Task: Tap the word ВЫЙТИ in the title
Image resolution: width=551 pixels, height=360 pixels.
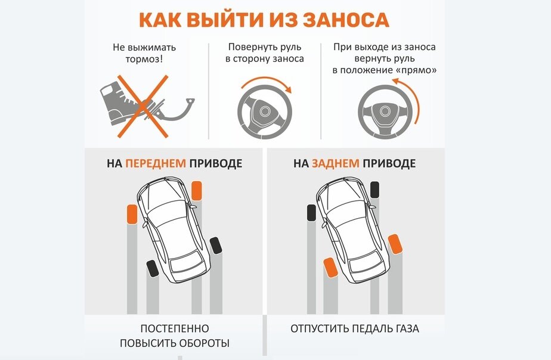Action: pyautogui.click(x=224, y=19)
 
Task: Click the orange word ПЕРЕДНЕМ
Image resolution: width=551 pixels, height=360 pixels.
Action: pyautogui.click(x=156, y=163)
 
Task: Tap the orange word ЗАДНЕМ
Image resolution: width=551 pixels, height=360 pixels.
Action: pyautogui.click(x=336, y=163)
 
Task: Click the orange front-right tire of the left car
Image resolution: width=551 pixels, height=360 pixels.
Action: pyautogui.click(x=197, y=191)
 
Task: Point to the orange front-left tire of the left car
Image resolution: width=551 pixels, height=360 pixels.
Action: pyautogui.click(x=132, y=214)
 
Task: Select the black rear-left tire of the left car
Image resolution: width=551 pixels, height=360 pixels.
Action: pyautogui.click(x=153, y=269)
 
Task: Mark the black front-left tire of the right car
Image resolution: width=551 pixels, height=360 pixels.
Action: pyautogui.click(x=310, y=213)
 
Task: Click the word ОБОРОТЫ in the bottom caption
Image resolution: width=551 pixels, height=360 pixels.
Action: pyautogui.click(x=203, y=343)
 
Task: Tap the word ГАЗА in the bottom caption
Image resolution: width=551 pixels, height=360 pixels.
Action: pyautogui.click(x=405, y=328)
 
